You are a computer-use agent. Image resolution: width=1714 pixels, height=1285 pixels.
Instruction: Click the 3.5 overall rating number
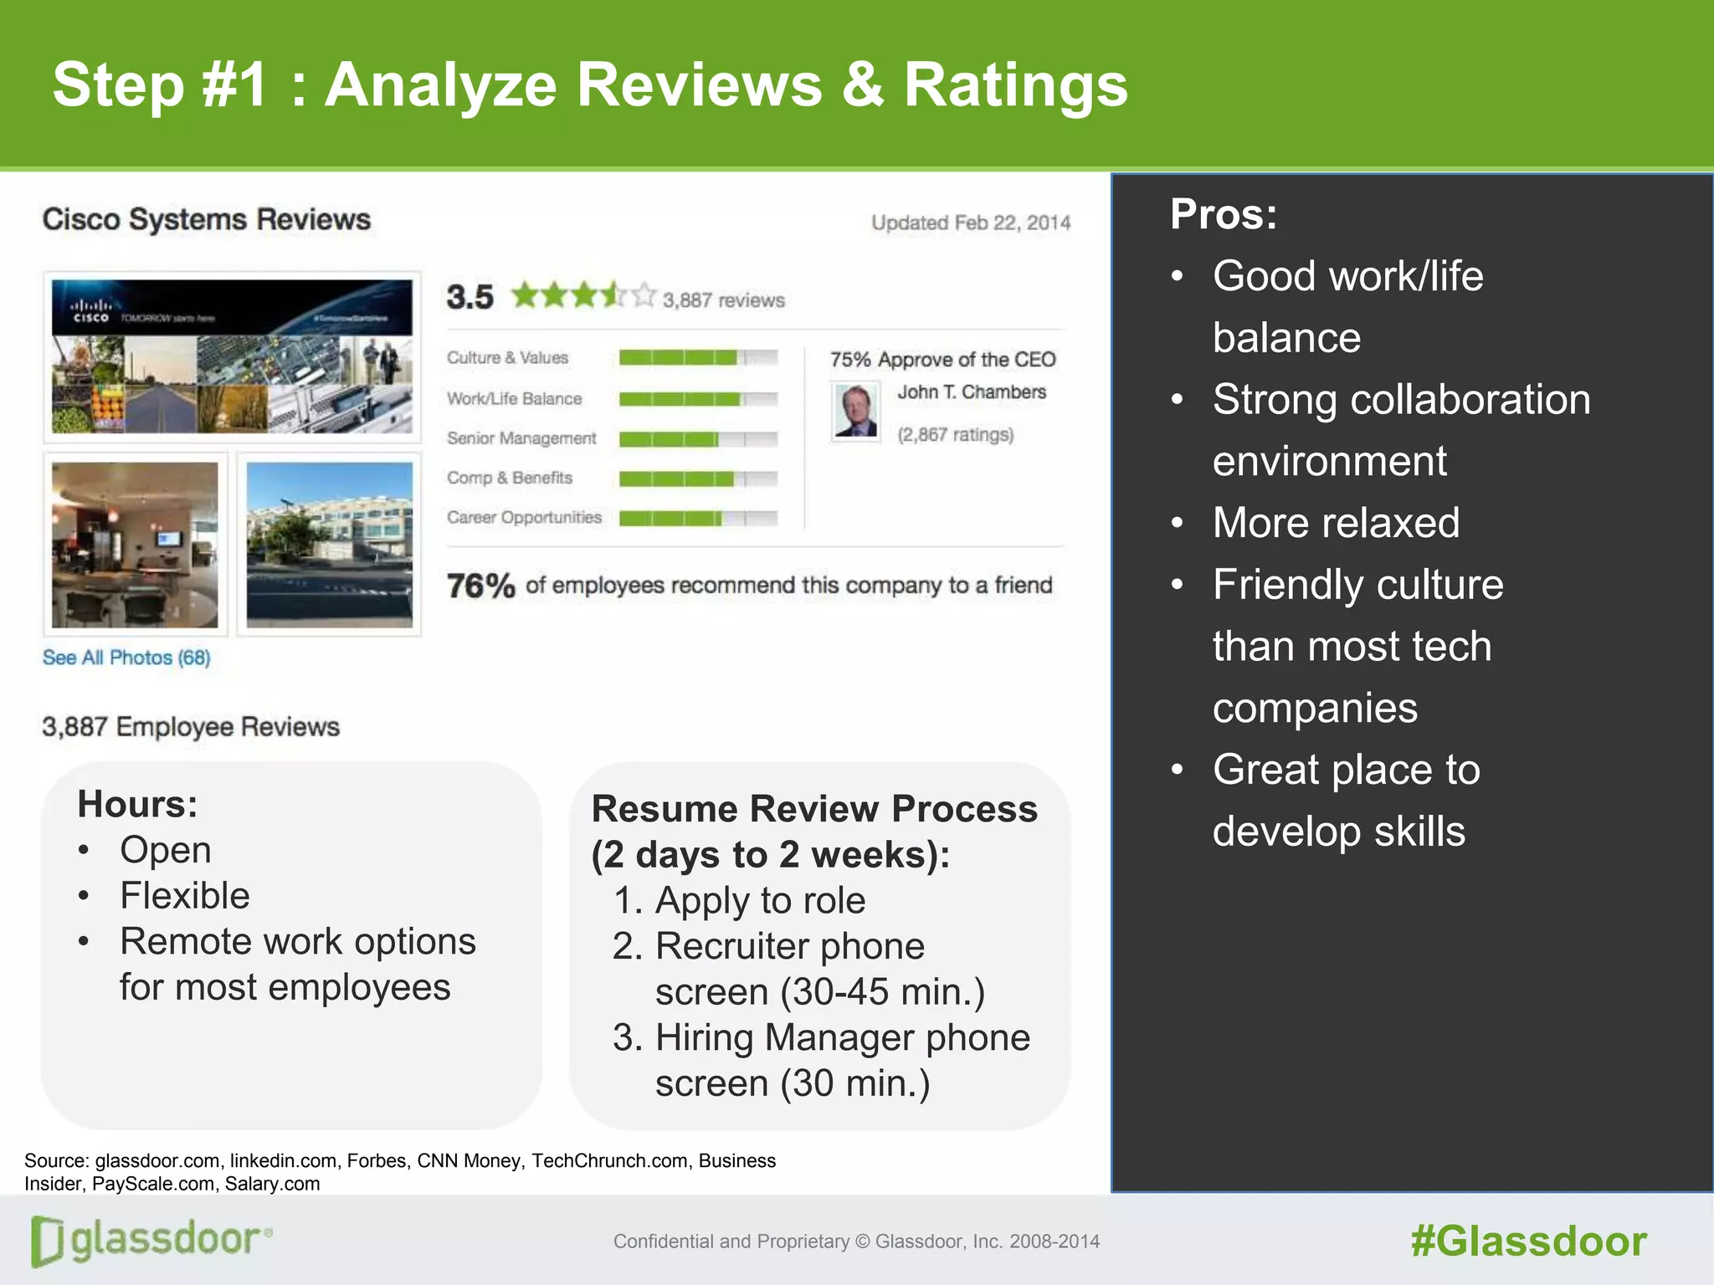470,297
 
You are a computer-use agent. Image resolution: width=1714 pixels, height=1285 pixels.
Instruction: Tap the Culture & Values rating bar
698,358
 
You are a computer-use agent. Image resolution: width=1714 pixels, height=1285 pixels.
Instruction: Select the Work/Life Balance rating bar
698,399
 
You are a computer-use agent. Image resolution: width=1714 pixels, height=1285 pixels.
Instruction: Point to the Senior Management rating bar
698,439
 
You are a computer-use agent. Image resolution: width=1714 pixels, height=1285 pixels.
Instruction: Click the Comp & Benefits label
509,478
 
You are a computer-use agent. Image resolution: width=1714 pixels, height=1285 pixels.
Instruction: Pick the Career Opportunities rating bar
698,519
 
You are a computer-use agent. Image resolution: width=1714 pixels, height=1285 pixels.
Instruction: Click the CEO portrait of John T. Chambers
855,411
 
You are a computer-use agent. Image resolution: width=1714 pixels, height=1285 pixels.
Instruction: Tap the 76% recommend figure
480,586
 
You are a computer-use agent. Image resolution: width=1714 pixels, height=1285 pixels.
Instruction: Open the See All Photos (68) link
126,658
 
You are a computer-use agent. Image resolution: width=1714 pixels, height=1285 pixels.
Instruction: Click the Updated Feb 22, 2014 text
971,223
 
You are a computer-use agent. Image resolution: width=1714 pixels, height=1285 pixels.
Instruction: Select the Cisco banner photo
232,356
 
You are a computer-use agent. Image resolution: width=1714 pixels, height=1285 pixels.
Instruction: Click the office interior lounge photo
135,545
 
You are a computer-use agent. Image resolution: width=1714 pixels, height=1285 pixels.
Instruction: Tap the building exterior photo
329,545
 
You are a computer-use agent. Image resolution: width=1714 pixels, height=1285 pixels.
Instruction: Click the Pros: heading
1224,214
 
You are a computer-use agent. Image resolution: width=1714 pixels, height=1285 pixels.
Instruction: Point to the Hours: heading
137,804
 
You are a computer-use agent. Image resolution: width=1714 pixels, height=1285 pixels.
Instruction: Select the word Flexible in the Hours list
185,896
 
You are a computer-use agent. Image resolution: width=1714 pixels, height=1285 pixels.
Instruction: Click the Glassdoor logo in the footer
151,1240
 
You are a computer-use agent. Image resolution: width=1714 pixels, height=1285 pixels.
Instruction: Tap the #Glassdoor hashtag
1528,1241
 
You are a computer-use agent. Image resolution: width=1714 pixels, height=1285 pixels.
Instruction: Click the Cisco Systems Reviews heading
207,219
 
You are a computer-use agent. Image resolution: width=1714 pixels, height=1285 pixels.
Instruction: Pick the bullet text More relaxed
1336,523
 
